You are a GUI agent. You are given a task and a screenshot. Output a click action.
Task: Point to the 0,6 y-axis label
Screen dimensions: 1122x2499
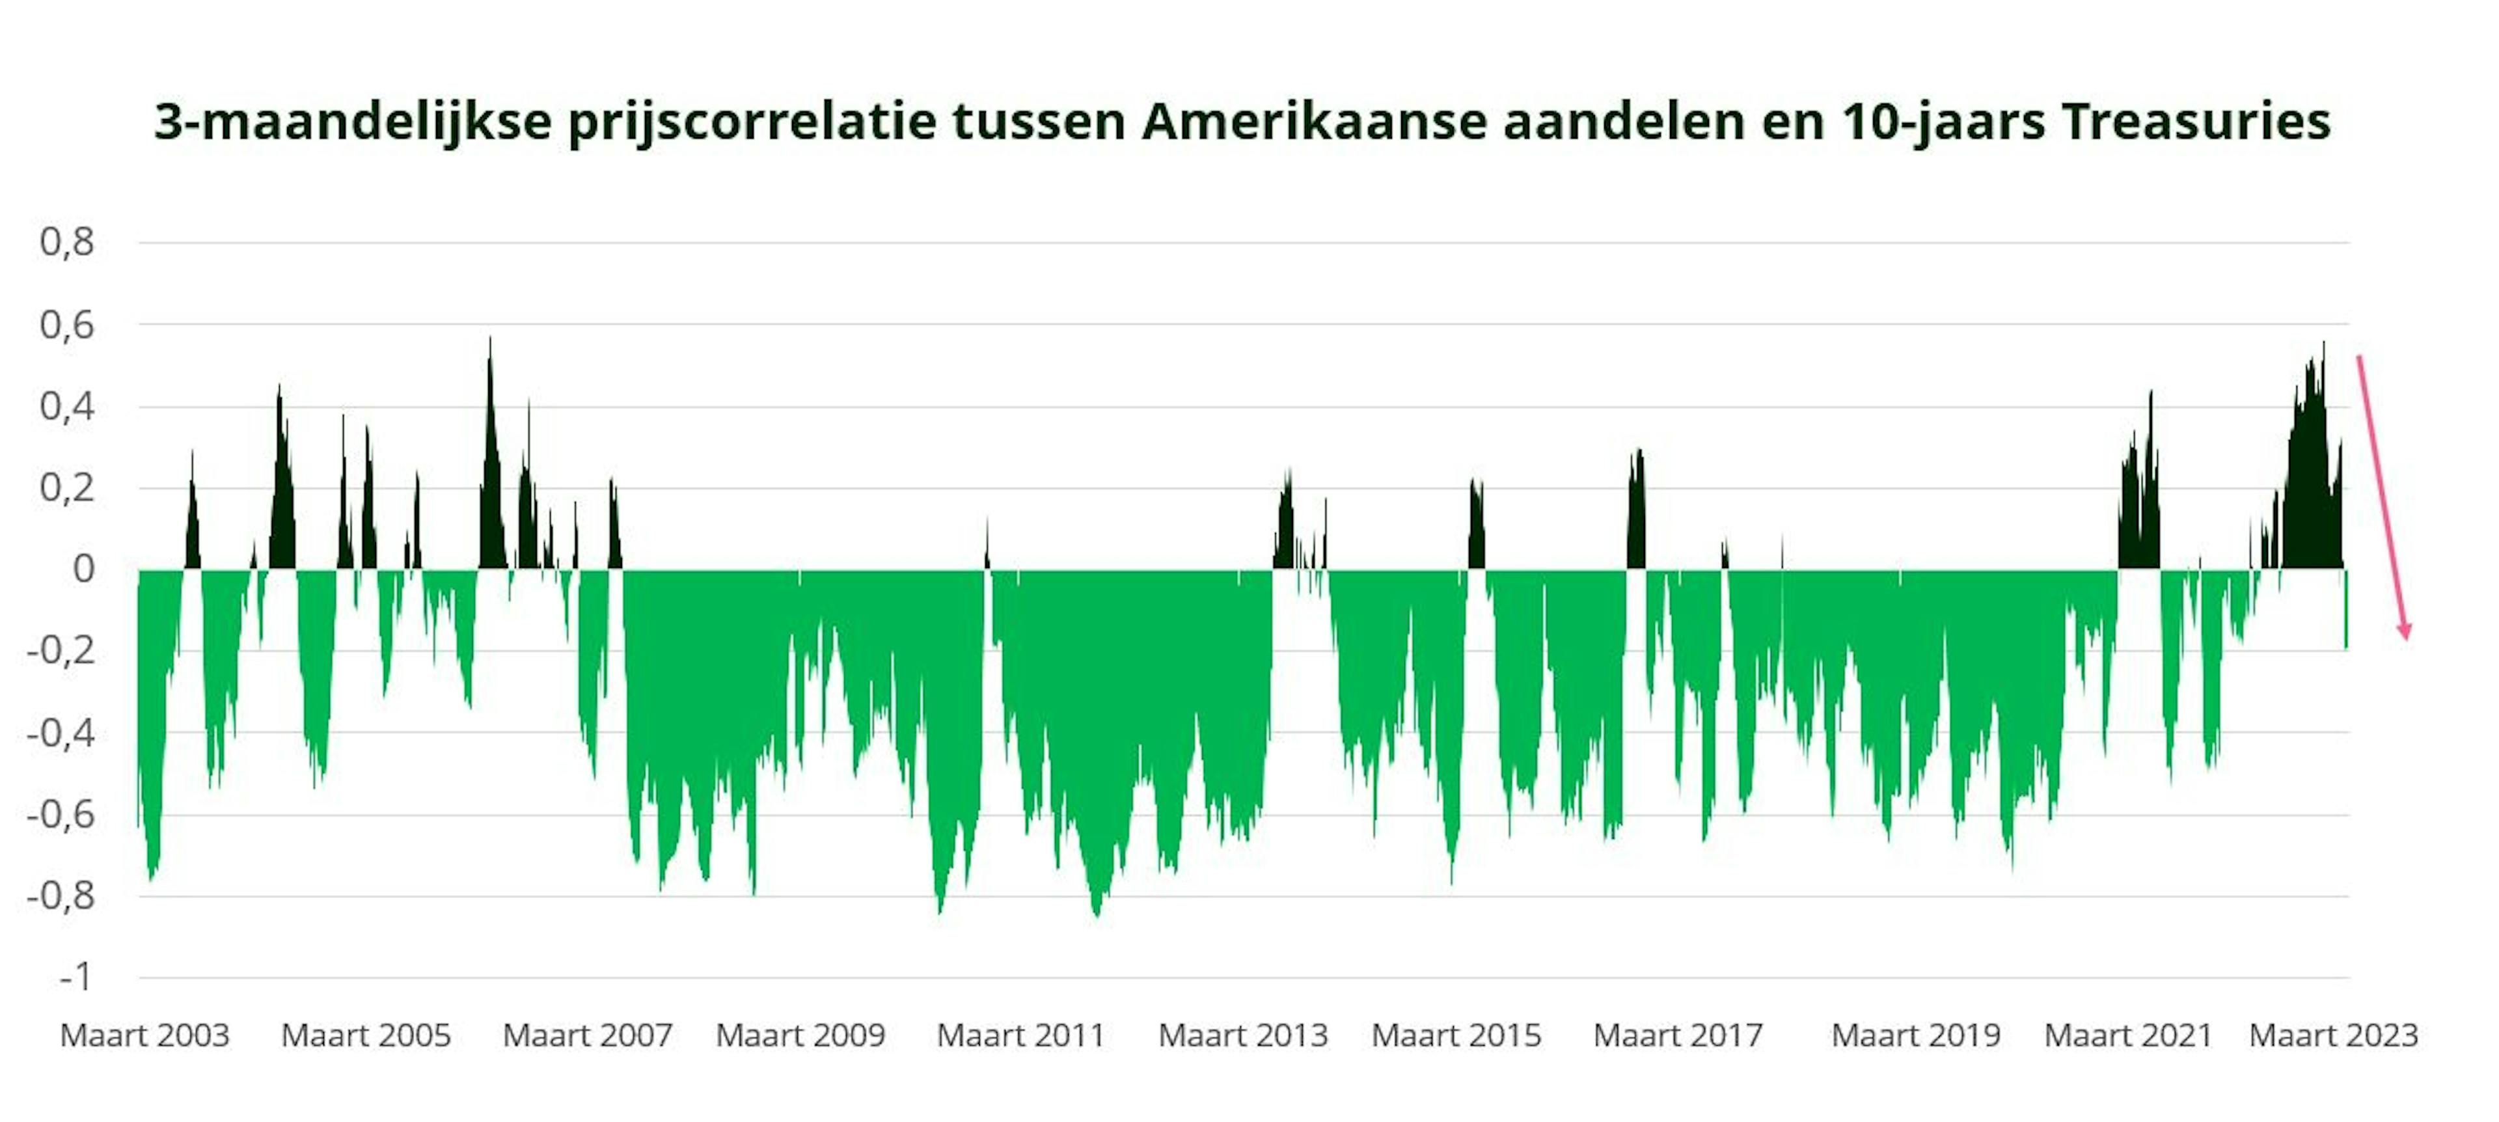click(67, 324)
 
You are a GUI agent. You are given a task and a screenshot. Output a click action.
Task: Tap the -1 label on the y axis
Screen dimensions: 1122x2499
click(75, 976)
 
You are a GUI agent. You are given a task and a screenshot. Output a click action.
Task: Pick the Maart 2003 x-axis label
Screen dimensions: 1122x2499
click(144, 1035)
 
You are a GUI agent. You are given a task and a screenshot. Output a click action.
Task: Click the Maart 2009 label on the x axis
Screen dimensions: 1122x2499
click(800, 1035)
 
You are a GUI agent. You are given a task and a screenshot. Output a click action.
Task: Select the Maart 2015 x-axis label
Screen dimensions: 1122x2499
click(1456, 1035)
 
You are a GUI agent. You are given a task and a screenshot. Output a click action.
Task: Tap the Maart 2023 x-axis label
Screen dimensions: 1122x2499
click(2333, 1035)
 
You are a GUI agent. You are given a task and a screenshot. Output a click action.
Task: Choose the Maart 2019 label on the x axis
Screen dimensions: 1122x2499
click(1916, 1035)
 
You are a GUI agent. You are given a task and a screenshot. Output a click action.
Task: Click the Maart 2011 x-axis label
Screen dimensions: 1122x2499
click(1020, 1035)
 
